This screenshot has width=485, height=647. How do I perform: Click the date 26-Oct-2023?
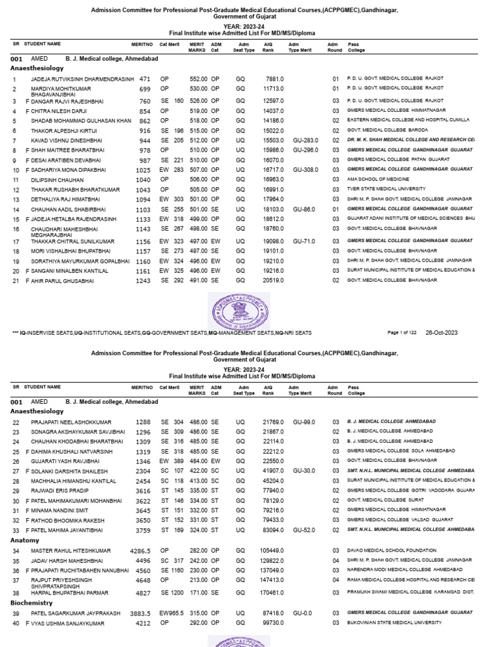[441, 332]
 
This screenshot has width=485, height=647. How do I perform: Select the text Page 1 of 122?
[404, 332]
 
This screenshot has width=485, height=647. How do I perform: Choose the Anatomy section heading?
[25, 540]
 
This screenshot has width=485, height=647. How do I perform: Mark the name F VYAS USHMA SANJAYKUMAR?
[64, 622]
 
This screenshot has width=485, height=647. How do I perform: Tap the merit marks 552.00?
[199, 79]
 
